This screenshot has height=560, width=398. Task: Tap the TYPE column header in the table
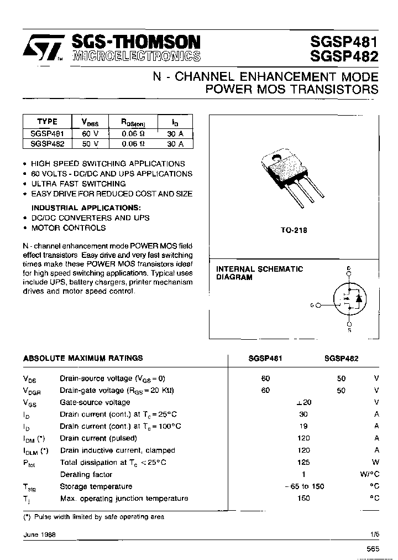pos(47,122)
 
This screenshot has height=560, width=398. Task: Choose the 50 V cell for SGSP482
pos(90,143)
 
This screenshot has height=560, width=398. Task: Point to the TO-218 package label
pos(294,230)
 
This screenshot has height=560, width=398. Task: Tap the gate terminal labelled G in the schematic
pos(313,305)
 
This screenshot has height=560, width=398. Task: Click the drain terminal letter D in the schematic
pos(349,269)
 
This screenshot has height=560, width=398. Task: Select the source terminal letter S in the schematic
pos(349,330)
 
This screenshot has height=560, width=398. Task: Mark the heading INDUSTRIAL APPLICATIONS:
pos(86,208)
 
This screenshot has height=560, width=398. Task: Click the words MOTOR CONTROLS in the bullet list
pos(68,227)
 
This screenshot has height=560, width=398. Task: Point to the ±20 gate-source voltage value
pos(303,402)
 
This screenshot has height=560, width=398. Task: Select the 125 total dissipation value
pos(303,462)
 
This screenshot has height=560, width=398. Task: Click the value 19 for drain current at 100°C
pos(303,426)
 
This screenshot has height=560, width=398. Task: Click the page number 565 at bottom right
pos(373,549)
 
